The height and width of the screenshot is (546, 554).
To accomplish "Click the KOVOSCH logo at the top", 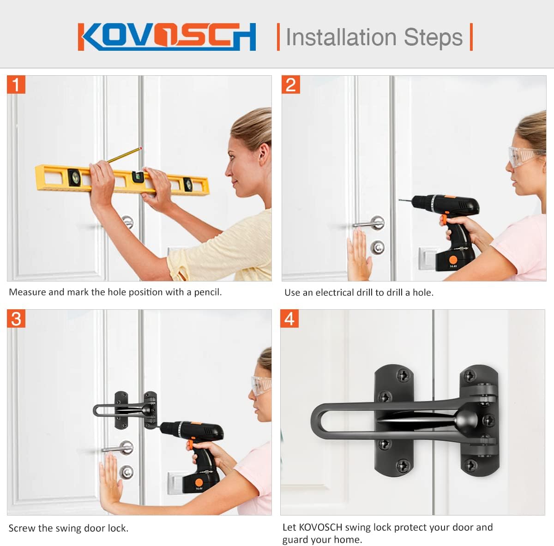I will point(167,36).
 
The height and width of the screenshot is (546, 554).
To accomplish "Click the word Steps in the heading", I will point(433,37).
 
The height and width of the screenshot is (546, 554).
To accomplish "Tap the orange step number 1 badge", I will point(16,85).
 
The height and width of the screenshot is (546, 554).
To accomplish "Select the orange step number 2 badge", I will point(291,85).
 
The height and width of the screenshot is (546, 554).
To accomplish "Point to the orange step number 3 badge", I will point(16,319).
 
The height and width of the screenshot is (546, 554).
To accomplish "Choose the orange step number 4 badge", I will point(289,319).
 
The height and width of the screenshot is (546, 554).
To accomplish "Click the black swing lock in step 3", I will point(126,410).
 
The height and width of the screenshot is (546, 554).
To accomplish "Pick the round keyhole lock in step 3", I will point(126,472).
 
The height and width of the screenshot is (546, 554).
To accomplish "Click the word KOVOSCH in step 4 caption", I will point(320,528).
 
